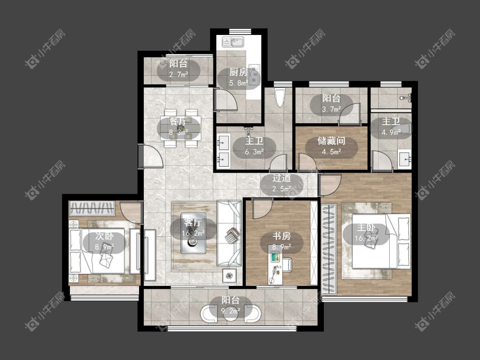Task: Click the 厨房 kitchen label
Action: coord(239,72)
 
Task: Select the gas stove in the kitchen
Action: coord(254,74)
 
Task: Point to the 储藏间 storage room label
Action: coord(331,141)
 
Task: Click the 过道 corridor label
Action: coord(282,178)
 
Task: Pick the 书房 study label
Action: coord(282,236)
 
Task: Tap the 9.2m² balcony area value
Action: coord(231,311)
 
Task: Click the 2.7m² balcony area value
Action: coord(178,74)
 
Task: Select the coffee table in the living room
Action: coord(193,233)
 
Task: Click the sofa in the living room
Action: coord(229,233)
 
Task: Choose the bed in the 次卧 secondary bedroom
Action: coord(97,251)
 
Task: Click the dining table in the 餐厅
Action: coord(180,128)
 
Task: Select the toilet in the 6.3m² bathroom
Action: coord(280,97)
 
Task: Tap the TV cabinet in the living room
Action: coord(150,255)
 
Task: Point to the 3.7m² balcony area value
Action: coord(332,109)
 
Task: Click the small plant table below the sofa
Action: coord(229,276)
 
